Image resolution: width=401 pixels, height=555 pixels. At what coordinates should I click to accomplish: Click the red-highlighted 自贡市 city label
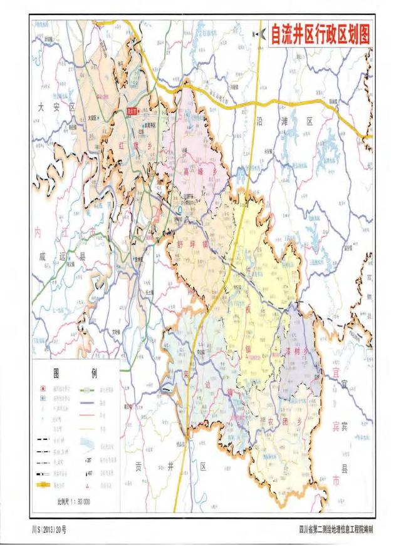(132, 113)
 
